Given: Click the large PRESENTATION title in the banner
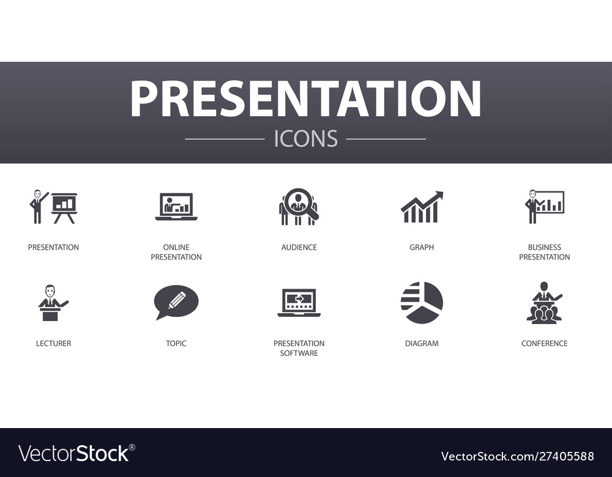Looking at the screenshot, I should click(x=305, y=99).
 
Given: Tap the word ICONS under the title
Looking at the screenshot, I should click(x=305, y=139).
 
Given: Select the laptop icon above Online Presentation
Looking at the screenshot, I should click(x=176, y=207).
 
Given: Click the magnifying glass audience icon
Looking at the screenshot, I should click(x=299, y=207).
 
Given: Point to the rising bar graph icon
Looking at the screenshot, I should click(x=422, y=207).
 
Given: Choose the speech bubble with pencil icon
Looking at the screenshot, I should click(x=176, y=301).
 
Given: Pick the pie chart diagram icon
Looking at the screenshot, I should click(x=422, y=302).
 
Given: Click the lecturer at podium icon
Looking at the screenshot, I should click(x=53, y=303).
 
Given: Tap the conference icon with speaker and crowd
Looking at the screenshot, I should click(x=544, y=302).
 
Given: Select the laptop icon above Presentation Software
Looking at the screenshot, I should click(x=299, y=302).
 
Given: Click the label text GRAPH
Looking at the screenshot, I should click(x=422, y=248).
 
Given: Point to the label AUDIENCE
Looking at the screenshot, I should click(x=299, y=248).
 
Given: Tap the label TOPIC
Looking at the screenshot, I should click(x=176, y=344).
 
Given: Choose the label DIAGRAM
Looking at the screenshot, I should click(x=422, y=344).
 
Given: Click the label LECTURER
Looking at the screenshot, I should click(x=53, y=344).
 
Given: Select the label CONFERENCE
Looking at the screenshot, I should click(x=544, y=344).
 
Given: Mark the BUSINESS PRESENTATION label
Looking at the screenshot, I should click(x=544, y=253).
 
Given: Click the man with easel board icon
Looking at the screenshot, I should click(x=53, y=207).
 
